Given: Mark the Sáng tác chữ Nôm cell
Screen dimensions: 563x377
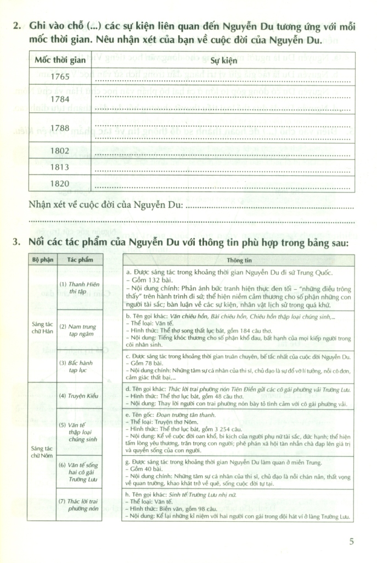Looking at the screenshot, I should [x=42, y=451].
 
